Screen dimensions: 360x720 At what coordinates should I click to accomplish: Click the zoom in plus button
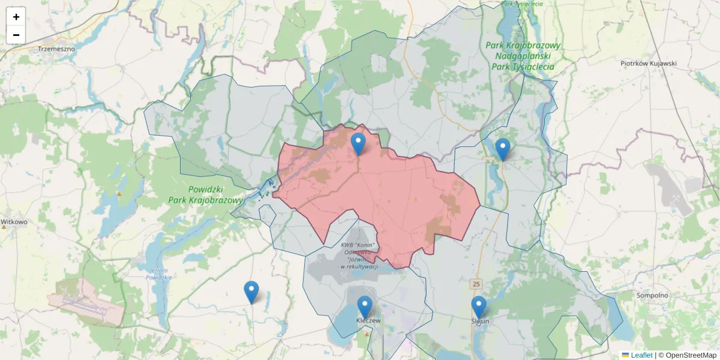tap(16, 17)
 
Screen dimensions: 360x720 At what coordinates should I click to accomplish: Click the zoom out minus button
tap(16, 35)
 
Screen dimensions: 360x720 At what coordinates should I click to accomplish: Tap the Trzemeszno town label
tap(56, 48)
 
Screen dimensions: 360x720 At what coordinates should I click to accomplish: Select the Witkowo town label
tap(14, 221)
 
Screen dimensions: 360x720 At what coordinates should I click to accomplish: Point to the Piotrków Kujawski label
tap(648, 63)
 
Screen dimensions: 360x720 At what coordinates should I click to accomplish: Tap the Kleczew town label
tap(368, 321)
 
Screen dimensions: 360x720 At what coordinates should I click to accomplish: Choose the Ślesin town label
tap(480, 321)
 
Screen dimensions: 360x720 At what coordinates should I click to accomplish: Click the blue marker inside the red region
tap(358, 145)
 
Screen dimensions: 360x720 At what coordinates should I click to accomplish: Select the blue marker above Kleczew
tap(365, 307)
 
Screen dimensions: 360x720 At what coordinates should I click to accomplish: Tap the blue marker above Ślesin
tap(479, 307)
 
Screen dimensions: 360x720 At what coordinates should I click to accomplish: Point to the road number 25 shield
tap(476, 283)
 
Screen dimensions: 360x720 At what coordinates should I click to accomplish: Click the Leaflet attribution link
tap(641, 355)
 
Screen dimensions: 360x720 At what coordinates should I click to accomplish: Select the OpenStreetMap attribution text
tap(688, 355)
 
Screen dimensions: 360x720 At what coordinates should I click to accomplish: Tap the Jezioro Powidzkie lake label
tap(160, 273)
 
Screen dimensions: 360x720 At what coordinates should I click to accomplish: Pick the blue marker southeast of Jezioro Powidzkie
tap(251, 292)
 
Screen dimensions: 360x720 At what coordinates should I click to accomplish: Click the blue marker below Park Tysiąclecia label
tap(503, 149)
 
